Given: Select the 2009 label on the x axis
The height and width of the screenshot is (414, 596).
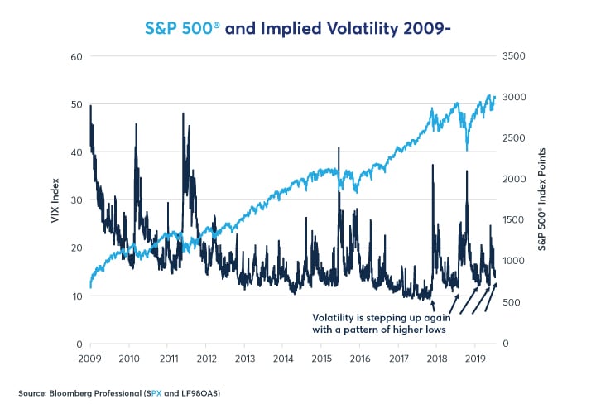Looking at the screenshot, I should pos(90,359).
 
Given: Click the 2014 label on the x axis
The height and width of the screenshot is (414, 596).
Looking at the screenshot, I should pos(283,359).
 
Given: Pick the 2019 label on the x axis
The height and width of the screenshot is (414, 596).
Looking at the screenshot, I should pos(475,359).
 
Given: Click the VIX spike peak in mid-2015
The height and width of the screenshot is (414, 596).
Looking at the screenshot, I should pos(339,149).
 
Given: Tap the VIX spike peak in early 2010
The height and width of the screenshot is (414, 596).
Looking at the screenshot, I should pos(135,124).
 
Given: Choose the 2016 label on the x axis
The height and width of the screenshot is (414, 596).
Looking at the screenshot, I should pos(360,359).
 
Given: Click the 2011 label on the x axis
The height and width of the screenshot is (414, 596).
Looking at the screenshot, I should pos(167,359).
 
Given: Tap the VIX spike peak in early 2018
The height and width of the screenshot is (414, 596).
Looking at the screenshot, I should pos(432,166).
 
